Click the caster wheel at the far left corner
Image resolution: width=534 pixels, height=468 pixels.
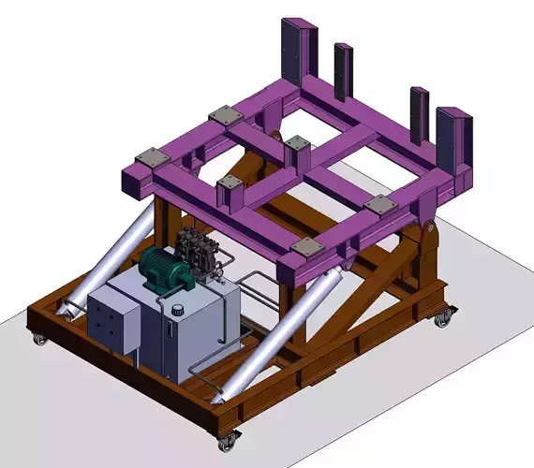pos(39,337)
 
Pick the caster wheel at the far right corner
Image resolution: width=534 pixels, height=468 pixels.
pos(440,318)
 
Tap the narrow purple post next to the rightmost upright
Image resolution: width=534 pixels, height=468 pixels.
pos(418,114)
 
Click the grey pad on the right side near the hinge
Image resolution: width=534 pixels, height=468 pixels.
pos(378,203)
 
